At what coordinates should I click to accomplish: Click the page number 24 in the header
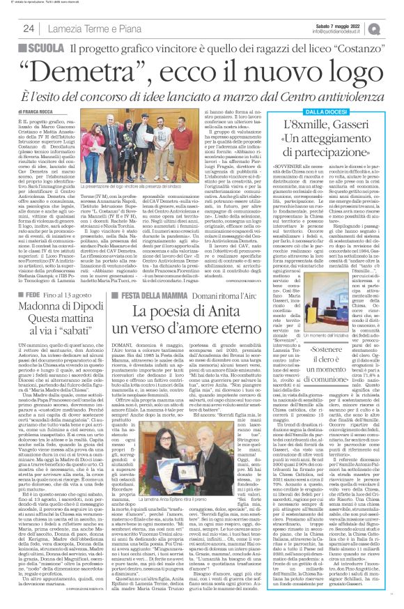tap(29, 28)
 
